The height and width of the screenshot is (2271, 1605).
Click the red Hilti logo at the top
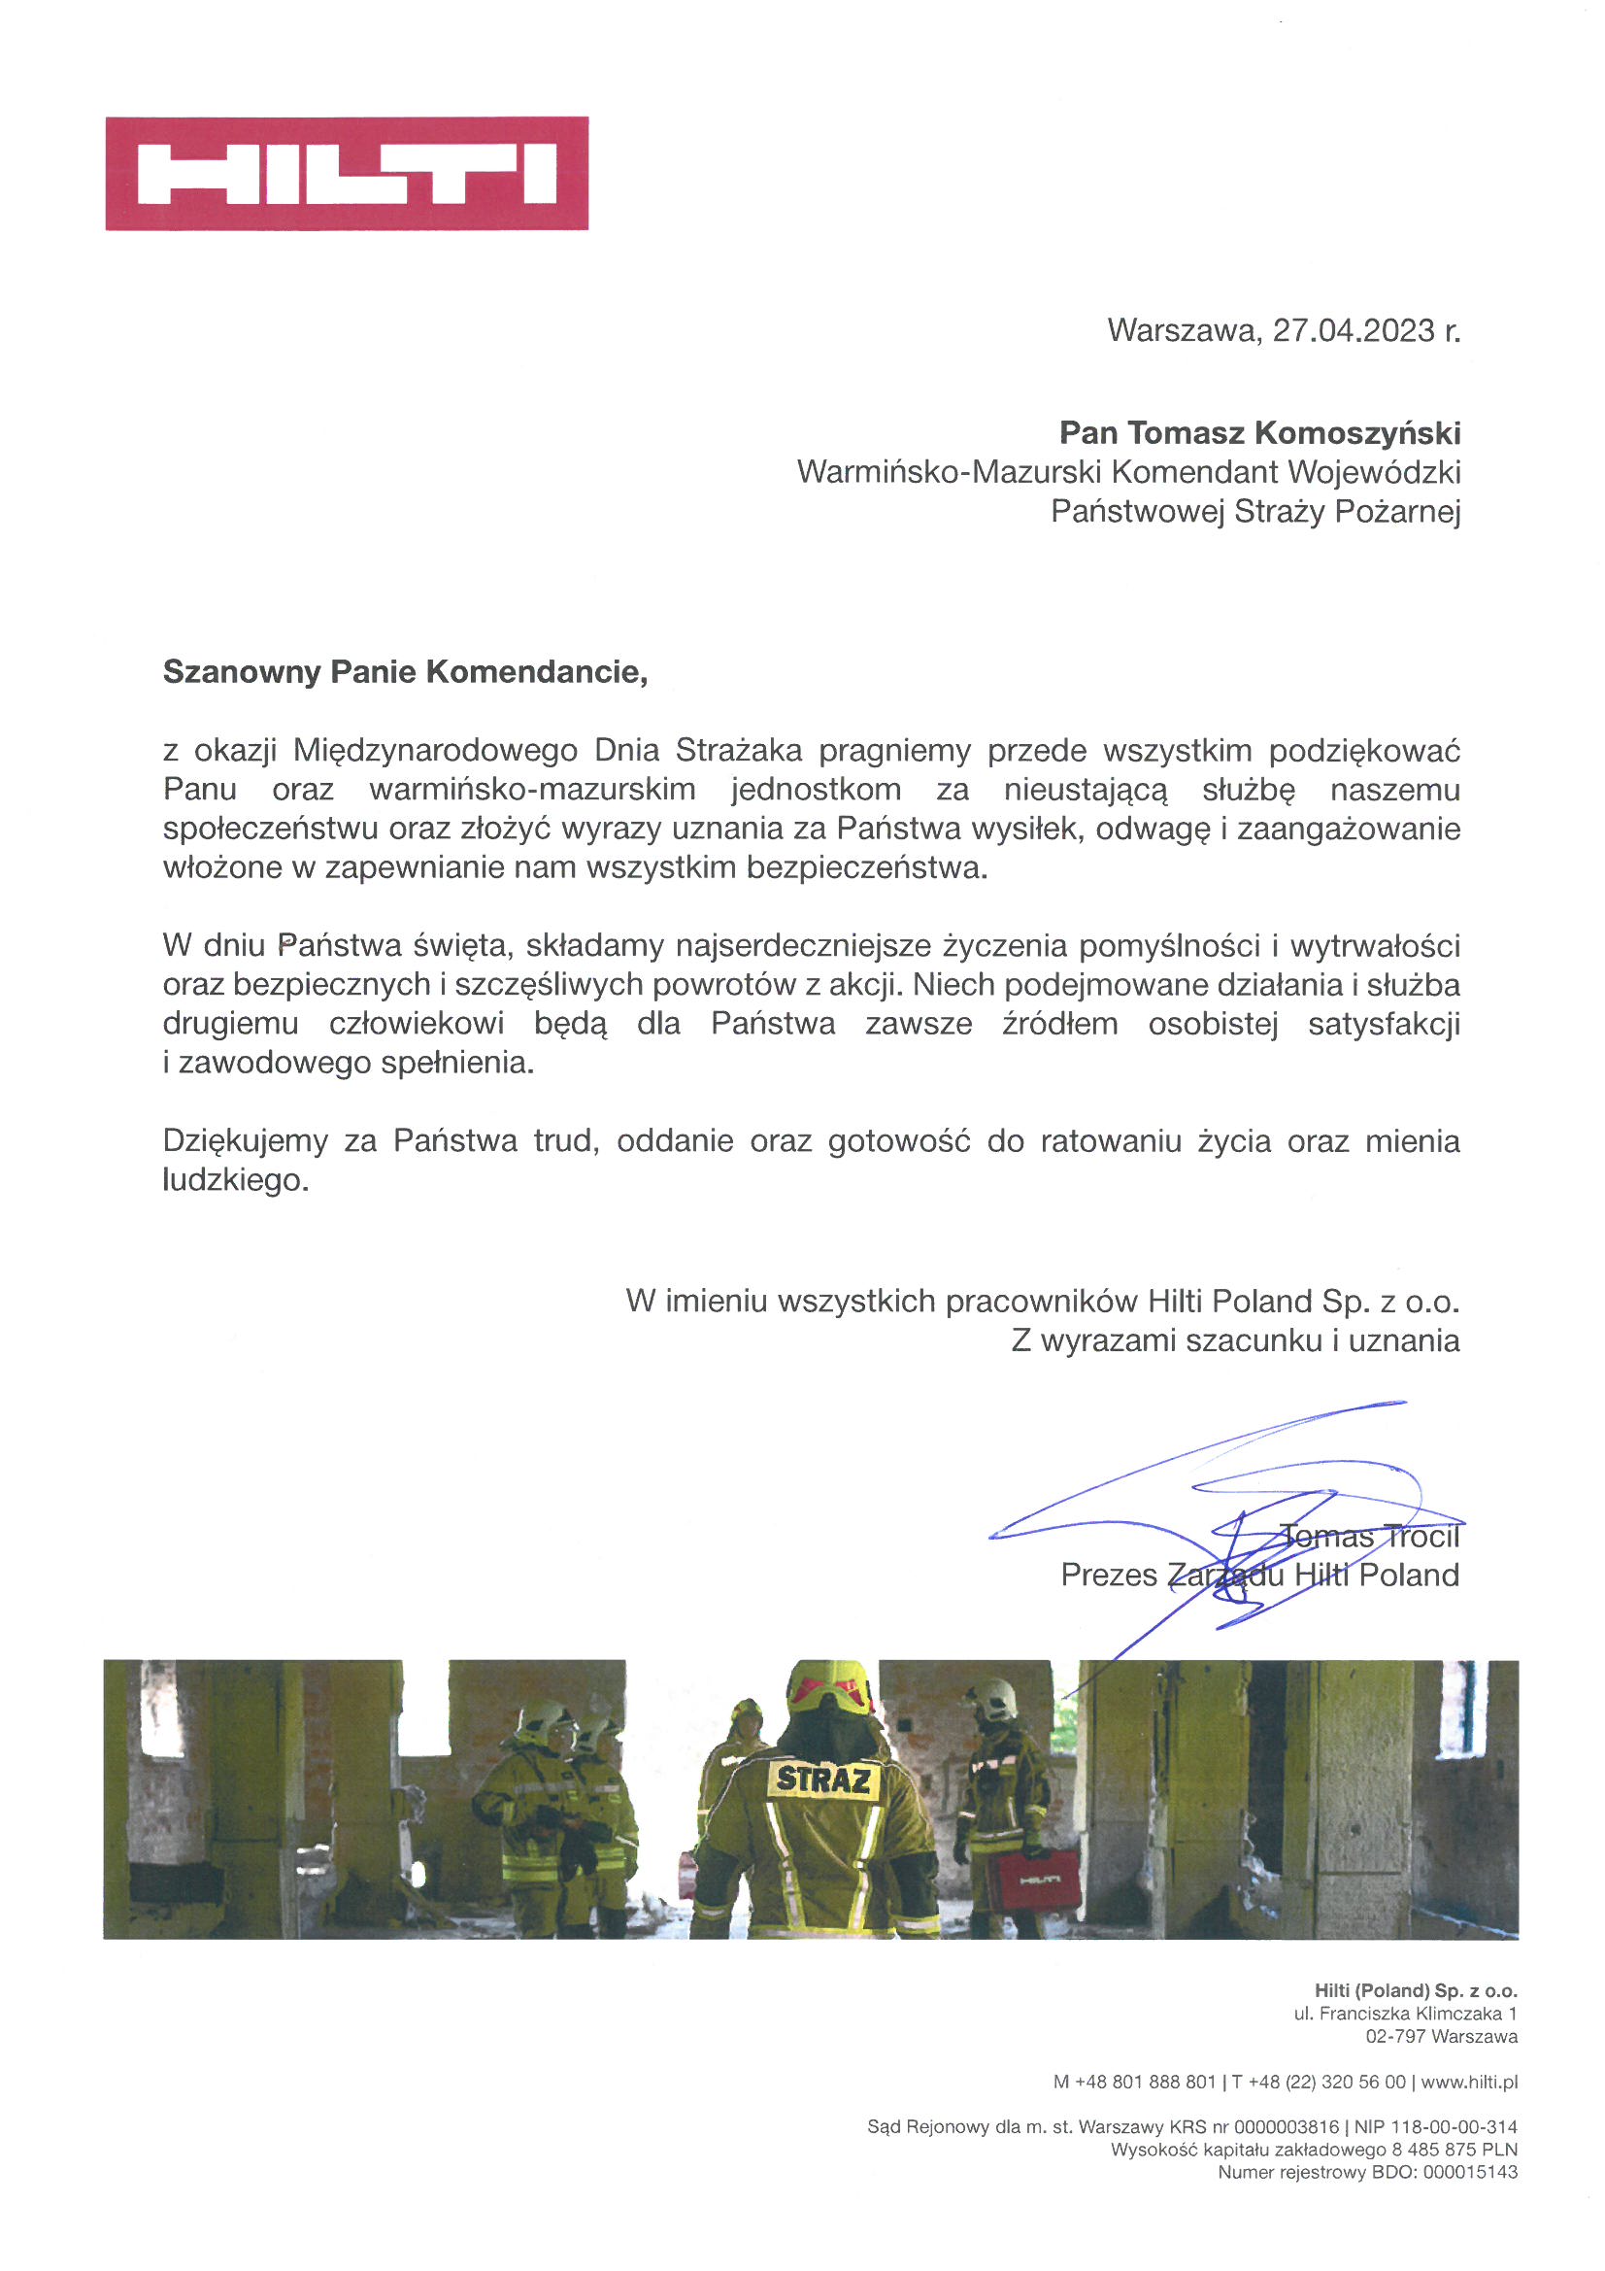tap(346, 173)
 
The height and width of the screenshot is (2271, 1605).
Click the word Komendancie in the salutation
tap(536, 672)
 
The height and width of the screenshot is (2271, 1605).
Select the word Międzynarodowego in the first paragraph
tap(435, 751)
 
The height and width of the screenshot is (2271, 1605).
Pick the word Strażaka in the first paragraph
tap(739, 751)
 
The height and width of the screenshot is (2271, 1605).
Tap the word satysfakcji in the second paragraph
tap(1384, 1024)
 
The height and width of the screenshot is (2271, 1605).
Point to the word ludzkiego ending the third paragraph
tap(235, 1180)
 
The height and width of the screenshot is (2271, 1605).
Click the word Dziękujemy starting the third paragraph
tap(246, 1141)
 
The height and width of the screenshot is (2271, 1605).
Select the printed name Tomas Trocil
tap(1370, 1536)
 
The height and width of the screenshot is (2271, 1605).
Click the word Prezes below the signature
tap(1108, 1575)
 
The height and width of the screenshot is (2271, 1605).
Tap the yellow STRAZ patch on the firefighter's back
tap(822, 1780)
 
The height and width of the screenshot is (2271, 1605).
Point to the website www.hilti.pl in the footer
tap(1468, 2083)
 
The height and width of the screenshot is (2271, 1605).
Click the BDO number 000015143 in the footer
tap(1469, 2172)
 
